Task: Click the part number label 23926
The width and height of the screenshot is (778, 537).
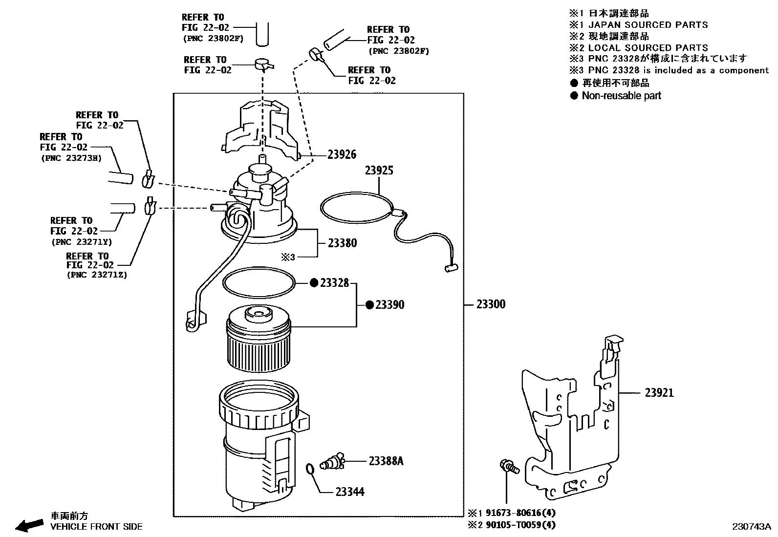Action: click(342, 154)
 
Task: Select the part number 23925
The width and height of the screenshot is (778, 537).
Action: click(379, 171)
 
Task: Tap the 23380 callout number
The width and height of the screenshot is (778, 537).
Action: click(342, 243)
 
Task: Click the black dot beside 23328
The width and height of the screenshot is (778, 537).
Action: click(314, 283)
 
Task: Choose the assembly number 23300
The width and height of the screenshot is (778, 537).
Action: click(491, 304)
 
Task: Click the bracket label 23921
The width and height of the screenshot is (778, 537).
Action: click(659, 392)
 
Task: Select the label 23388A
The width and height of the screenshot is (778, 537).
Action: click(386, 461)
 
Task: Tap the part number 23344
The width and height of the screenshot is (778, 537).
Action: click(350, 492)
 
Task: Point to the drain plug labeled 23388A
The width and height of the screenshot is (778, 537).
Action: click(333, 461)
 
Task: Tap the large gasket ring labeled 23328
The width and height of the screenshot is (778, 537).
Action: click(259, 282)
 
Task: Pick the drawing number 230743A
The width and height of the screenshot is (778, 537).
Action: click(751, 527)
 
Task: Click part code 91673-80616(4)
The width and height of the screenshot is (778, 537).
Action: click(520, 513)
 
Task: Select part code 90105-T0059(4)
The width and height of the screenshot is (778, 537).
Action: click(520, 525)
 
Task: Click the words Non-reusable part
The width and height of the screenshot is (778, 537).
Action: click(621, 96)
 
